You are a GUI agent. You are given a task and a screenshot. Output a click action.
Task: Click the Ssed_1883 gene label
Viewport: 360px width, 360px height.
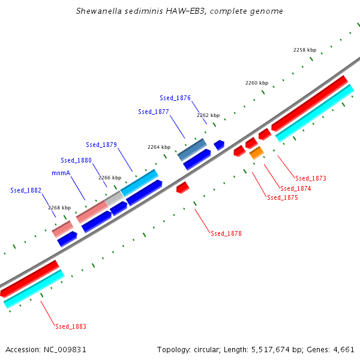pyautogui.click(x=71, y=326)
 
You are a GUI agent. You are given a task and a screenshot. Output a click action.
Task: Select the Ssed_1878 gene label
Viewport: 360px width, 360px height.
pyautogui.click(x=226, y=233)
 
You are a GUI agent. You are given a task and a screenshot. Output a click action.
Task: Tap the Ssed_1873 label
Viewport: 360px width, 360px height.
pyautogui.click(x=311, y=178)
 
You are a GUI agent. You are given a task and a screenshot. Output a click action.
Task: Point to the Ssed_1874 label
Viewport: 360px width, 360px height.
pyautogui.click(x=296, y=188)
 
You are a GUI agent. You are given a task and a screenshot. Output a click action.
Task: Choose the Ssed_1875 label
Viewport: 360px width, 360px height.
pyautogui.click(x=283, y=197)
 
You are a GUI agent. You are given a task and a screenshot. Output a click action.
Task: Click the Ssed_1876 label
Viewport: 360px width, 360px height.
pyautogui.click(x=175, y=98)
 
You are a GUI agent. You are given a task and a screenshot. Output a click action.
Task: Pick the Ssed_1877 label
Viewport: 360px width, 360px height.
pyautogui.click(x=154, y=112)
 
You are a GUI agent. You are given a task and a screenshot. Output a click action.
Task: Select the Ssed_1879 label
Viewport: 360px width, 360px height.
pyautogui.click(x=101, y=145)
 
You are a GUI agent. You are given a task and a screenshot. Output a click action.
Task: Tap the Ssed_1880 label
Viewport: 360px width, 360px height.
pyautogui.click(x=76, y=160)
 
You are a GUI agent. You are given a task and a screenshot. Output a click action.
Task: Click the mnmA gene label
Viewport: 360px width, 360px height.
pyautogui.click(x=61, y=173)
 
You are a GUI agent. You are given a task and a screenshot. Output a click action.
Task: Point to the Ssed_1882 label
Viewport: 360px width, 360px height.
pyautogui.click(x=26, y=190)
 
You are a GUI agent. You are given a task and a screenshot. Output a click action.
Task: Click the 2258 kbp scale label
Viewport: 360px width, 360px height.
pyautogui.click(x=304, y=50)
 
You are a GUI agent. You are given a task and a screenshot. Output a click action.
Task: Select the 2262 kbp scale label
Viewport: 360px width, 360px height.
pyautogui.click(x=208, y=115)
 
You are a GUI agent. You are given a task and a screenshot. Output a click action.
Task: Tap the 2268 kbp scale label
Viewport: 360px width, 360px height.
pyautogui.click(x=59, y=208)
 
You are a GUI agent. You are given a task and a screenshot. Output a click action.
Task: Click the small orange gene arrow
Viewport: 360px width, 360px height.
pyautogui.click(x=256, y=153)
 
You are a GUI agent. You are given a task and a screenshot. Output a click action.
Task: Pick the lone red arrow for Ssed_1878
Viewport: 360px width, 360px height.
pyautogui.click(x=183, y=188)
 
